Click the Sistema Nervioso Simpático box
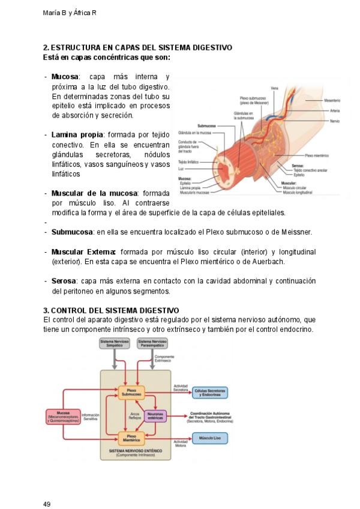click(113, 344)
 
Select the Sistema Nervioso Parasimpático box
click(152, 344)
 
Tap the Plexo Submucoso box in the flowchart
click(131, 392)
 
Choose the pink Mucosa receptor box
click(62, 416)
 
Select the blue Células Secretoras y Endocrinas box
click(209, 392)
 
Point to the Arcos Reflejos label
click(135, 416)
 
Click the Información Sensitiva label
click(90, 417)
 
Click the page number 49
click(47, 487)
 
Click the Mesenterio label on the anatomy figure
click(332, 100)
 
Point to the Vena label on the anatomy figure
click(274, 88)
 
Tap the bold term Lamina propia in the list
click(77, 134)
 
